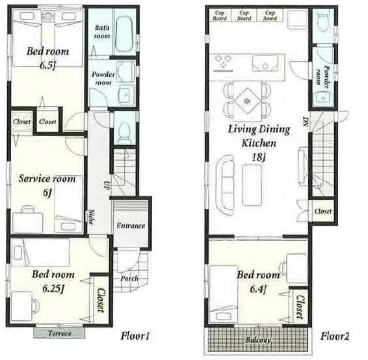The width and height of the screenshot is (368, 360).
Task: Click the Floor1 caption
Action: tap(136, 336)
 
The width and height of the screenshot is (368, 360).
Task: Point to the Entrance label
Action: tap(130, 226)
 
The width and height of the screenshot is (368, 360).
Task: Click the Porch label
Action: tap(129, 279)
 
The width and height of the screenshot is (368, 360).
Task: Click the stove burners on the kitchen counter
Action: tap(224, 63)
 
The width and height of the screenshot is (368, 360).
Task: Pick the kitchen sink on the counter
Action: tap(264, 63)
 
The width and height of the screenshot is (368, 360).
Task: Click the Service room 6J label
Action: tap(47, 184)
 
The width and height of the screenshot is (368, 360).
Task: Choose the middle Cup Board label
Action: tap(244, 15)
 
